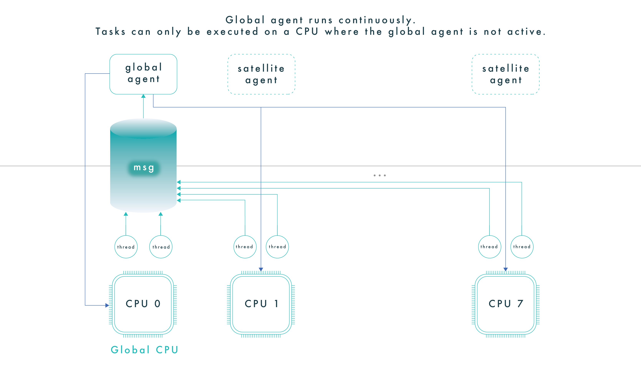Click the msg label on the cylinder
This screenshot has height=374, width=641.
pyautogui.click(x=144, y=168)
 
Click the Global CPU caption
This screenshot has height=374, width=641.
pyautogui.click(x=144, y=350)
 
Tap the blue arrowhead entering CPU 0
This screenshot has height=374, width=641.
pyautogui.click(x=107, y=305)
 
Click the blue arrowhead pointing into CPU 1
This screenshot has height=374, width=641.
pyautogui.click(x=261, y=269)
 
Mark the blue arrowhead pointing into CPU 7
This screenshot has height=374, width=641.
pyautogui.click(x=505, y=269)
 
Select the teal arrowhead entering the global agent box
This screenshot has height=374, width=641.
pyautogui.click(x=143, y=96)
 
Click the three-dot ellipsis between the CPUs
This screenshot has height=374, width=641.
pyautogui.click(x=380, y=175)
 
